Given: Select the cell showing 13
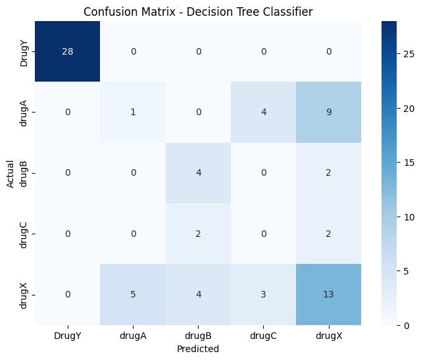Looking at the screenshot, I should (x=328, y=294).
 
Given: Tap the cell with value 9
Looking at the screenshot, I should (x=328, y=113).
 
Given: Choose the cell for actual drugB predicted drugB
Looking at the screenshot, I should (x=197, y=173).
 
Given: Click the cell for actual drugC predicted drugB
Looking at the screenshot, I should (x=197, y=234).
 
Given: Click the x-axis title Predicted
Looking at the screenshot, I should (x=197, y=349).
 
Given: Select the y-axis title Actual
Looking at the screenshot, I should (x=10, y=173).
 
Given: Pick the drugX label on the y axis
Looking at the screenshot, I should (x=24, y=294).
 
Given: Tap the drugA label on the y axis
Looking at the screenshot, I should (x=24, y=113).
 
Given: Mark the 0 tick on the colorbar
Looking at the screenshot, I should (x=401, y=325).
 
